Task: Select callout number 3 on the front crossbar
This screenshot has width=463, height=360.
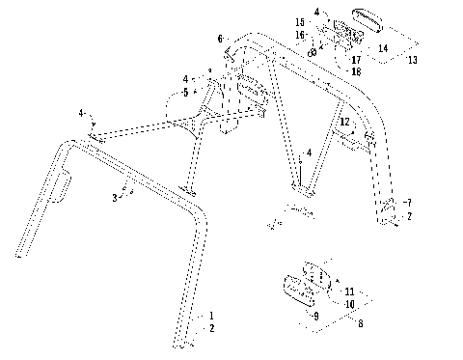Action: tap(116, 197)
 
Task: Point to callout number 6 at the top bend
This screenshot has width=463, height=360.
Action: tap(218, 40)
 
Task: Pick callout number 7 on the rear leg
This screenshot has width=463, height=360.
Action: tap(409, 203)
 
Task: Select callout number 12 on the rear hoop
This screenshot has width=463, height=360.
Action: tap(343, 123)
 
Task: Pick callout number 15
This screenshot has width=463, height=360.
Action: tap(299, 20)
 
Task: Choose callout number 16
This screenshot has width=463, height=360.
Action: tap(299, 34)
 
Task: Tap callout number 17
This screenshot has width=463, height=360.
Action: tap(341, 59)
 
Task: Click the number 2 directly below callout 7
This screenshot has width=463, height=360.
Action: tap(409, 217)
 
